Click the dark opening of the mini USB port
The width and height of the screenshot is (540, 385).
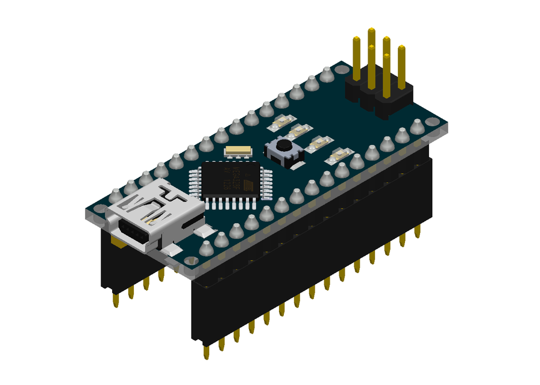click(132, 232)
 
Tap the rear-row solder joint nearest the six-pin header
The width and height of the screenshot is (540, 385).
click(327, 75)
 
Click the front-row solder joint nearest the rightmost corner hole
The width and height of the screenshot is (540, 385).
click(416, 126)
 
